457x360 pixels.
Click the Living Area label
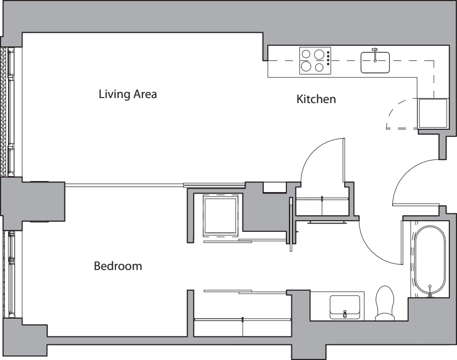(x=127, y=94)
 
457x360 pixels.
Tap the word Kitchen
(x=316, y=99)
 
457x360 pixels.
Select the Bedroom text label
(x=118, y=265)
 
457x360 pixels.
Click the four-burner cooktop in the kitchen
(x=313, y=61)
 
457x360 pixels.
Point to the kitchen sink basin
(x=375, y=63)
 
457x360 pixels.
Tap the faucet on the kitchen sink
(x=374, y=52)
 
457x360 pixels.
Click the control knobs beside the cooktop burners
(x=328, y=58)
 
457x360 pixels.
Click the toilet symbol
(x=386, y=303)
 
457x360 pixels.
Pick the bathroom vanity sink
(x=345, y=307)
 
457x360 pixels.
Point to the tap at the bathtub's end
(x=430, y=289)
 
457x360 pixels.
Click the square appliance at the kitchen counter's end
(x=433, y=113)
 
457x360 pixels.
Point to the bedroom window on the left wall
(x=10, y=274)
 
